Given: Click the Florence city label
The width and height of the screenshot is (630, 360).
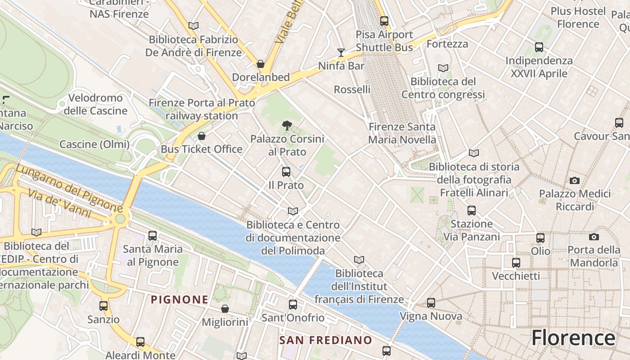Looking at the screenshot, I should point(573,338).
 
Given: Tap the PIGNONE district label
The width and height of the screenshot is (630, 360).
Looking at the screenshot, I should point(180,300).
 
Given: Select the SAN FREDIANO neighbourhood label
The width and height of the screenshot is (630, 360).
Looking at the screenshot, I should point(326,340).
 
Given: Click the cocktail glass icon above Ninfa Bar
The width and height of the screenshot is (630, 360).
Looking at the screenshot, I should point(341,53).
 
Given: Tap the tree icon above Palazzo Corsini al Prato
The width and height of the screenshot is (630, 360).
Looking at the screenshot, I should point(286,126).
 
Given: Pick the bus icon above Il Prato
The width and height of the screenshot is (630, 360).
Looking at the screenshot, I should point(286,172).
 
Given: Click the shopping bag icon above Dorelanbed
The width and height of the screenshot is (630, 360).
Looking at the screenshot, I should point(260,64).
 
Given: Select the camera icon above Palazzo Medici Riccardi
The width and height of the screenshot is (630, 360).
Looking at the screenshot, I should point(574,181).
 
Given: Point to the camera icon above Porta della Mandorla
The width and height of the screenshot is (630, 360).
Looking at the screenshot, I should point(594,237).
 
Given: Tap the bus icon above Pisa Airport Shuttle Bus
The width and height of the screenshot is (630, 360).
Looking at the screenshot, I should point(384,21).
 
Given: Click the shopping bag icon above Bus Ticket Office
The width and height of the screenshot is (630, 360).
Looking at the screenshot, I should point(202,136).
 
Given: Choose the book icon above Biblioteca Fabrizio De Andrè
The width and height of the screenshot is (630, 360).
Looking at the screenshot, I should point(193,26).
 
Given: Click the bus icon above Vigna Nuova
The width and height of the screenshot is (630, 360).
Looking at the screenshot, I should point(431,303).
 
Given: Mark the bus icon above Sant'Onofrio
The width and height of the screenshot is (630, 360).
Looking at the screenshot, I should point(293,305).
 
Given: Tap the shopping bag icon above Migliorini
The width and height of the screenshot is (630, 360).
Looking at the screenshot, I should point(225,309).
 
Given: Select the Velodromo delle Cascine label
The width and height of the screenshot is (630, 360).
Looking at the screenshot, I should point(95,104).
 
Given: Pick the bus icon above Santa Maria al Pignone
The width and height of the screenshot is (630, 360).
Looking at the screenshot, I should point(153,235).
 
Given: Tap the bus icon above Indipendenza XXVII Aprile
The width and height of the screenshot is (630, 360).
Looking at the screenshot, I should point(539,47).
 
